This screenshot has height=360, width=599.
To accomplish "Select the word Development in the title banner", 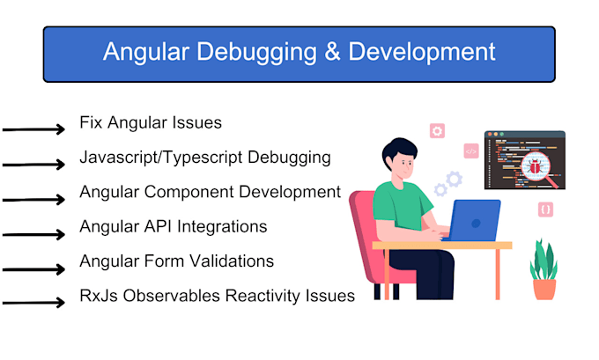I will [422, 52].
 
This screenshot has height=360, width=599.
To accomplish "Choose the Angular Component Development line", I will [210, 192].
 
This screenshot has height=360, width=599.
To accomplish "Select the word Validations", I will [229, 261].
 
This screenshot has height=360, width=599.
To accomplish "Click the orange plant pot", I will [544, 288].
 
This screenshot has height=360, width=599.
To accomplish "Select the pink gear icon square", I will [437, 130].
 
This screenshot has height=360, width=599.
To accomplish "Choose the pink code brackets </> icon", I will [470, 151].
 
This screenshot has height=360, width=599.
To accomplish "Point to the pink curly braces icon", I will [545, 209].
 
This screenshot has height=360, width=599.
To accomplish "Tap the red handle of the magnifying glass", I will [554, 183].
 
